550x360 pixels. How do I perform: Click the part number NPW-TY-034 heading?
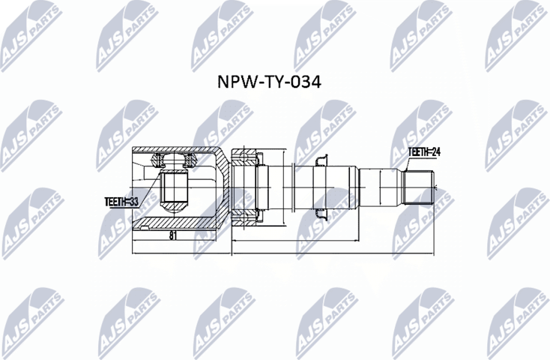click(275, 82)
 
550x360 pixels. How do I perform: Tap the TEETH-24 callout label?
click(424, 151)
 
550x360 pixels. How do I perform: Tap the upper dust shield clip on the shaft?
click(322, 159)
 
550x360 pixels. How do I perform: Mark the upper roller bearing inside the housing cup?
click(173, 160)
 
